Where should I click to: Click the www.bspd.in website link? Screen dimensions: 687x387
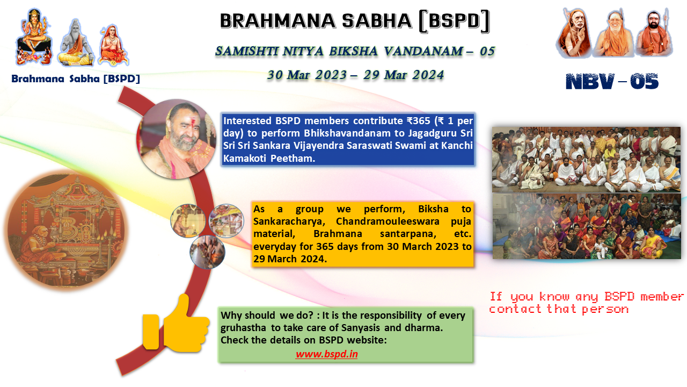coord(327,354)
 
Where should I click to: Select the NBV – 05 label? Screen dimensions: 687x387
coord(612,81)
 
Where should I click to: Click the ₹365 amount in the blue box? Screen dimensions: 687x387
coord(419,121)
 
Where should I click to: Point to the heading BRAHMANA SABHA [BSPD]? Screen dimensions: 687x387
coord(355,21)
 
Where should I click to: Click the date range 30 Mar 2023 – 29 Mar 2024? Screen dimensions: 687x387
coord(355,75)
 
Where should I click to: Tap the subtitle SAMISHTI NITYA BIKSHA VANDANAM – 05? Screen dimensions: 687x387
coord(355,51)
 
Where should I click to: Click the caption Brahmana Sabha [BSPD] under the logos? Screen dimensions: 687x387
coord(76,78)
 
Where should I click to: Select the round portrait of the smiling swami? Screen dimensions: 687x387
coord(177,139)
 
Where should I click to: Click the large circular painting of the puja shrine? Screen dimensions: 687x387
coord(67,231)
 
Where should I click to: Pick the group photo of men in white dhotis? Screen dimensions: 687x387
coord(586,160)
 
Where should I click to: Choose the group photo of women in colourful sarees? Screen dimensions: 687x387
coord(587,226)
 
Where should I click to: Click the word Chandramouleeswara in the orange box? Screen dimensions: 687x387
coord(388,221)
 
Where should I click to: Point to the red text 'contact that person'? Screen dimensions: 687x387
coord(559,309)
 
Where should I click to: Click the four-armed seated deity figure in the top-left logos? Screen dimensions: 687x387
coord(34,37)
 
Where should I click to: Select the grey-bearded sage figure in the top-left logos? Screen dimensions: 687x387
coord(76,42)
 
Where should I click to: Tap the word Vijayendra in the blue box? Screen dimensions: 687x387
coord(319,146)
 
